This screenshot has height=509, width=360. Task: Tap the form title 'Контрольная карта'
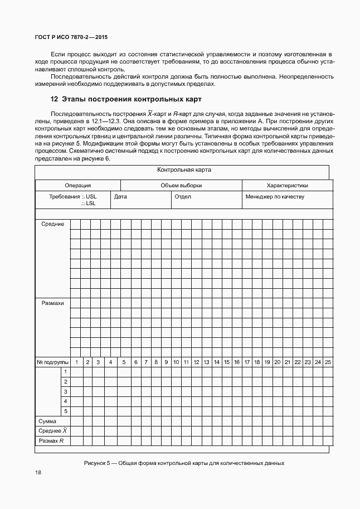point(184,170)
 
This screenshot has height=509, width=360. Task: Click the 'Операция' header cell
point(77,186)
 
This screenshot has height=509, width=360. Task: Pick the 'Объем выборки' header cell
point(181,186)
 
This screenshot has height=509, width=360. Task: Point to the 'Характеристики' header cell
point(287,186)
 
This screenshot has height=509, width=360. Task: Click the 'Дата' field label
point(120,197)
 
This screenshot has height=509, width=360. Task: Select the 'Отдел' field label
point(183,197)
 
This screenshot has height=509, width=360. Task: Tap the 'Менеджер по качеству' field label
point(275,197)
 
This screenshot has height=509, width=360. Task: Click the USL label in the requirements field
point(91,197)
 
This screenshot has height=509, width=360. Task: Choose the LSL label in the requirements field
point(91,203)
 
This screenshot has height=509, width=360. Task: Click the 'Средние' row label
point(52,224)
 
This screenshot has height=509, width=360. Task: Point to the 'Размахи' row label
point(52,303)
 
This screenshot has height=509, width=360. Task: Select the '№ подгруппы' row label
point(52,362)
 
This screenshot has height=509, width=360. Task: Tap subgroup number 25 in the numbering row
point(328,362)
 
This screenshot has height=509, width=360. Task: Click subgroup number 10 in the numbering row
point(176,362)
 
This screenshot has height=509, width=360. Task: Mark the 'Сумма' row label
point(47,421)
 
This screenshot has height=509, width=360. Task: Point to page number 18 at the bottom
point(38,473)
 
